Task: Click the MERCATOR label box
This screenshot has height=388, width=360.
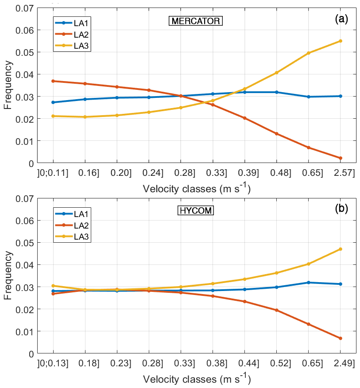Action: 195,21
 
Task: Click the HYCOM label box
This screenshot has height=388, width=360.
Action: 196,211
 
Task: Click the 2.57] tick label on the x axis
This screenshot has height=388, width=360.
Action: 340,173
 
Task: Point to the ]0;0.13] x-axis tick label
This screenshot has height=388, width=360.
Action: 54,363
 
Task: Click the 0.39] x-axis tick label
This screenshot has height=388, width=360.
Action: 244,173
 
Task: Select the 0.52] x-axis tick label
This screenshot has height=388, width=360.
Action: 276,363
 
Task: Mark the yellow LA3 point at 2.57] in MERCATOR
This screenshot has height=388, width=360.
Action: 340,41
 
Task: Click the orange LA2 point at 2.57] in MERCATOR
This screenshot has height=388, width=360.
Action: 340,158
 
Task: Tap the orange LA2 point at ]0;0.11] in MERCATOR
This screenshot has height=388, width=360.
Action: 53,81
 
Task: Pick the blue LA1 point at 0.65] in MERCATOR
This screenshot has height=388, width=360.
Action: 308,97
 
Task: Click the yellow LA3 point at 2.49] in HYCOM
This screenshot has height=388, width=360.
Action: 340,249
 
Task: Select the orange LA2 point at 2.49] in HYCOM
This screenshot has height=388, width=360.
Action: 340,338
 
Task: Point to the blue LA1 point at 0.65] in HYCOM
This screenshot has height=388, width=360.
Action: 308,283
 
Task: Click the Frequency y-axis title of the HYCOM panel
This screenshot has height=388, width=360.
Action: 8,276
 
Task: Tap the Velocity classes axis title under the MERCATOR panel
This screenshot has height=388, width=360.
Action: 197,189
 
